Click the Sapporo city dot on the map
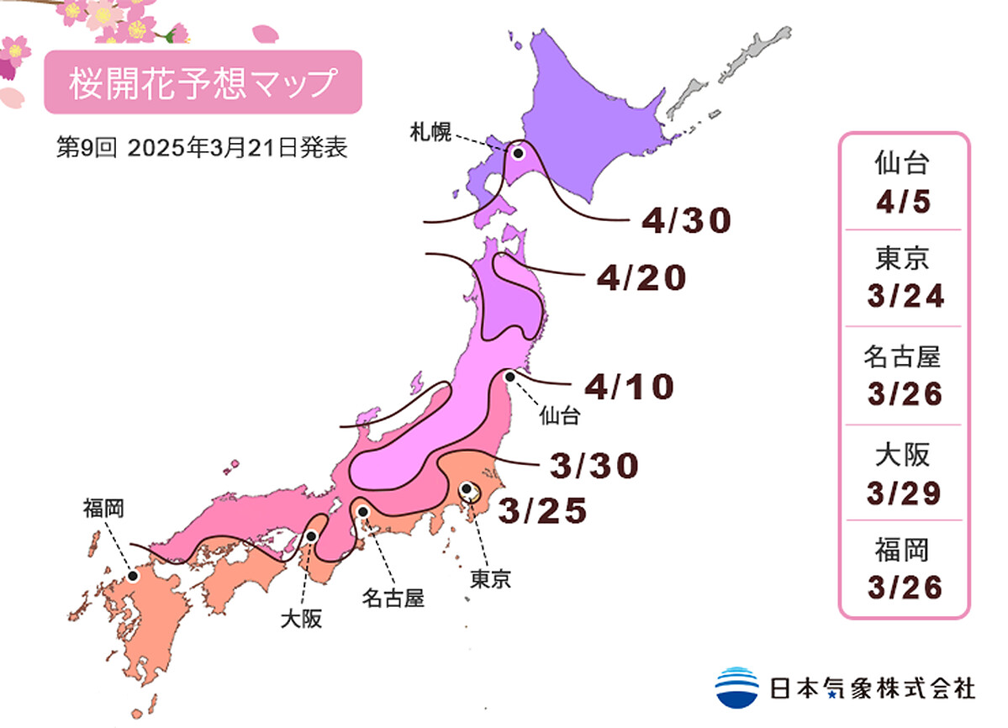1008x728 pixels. click(518, 153)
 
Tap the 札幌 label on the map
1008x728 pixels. click(431, 132)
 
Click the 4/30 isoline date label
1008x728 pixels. click(686, 221)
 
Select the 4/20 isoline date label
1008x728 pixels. click(641, 278)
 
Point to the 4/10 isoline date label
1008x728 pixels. click(630, 388)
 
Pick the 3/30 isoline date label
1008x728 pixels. click(594, 465)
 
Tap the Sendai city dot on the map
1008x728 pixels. click(509, 377)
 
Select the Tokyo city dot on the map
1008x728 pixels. click(467, 488)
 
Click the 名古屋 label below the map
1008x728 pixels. click(393, 599)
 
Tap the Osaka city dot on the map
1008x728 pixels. click(312, 535)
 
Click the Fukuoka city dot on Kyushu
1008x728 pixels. click(133, 576)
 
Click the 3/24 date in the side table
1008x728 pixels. click(904, 297)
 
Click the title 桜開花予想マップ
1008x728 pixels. click(203, 82)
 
